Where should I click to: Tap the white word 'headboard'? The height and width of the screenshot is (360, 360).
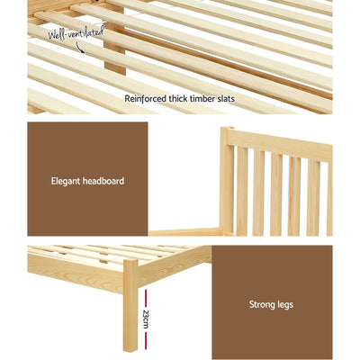104,181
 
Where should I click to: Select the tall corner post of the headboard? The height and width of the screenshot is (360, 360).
227,180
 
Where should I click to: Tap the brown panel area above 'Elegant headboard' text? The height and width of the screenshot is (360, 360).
87,144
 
